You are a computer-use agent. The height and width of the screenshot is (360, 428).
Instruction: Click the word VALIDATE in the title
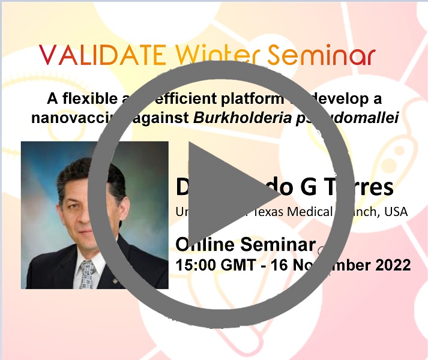pyautogui.click(x=103, y=55)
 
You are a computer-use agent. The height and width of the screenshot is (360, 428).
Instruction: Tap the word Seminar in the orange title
pyautogui.click(x=322, y=55)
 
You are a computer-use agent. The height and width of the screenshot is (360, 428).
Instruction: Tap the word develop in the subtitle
pyautogui.click(x=351, y=98)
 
